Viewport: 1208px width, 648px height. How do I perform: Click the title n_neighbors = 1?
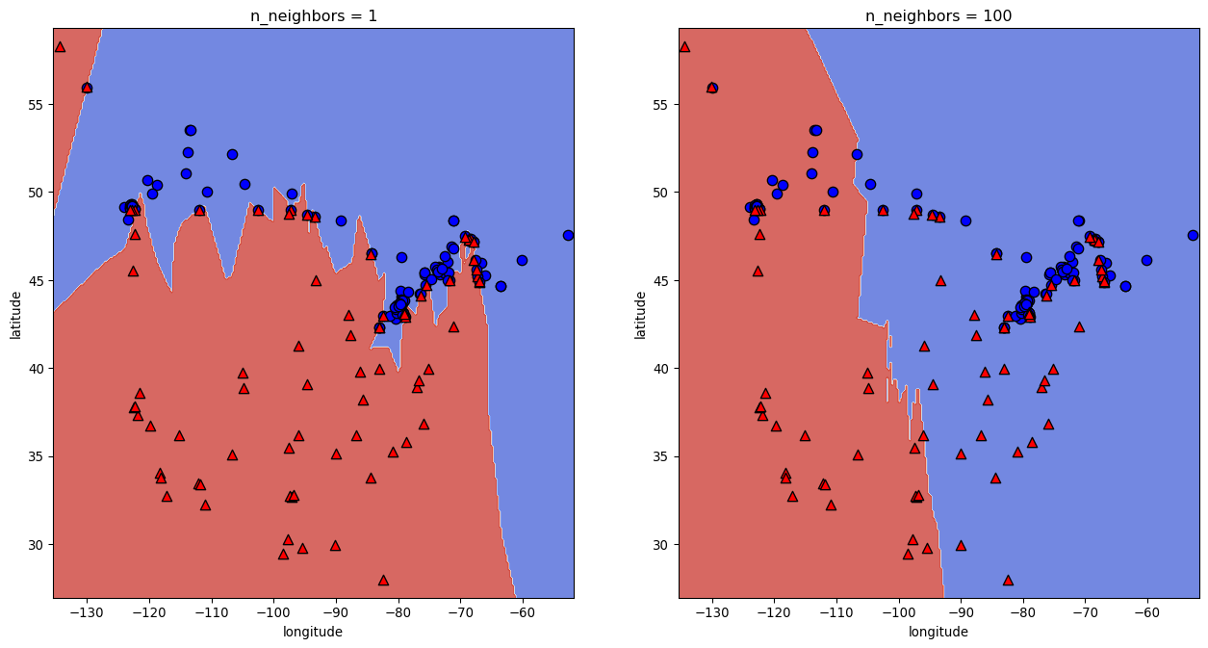coord(313,15)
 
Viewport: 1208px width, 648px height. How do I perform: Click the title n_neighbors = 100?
coord(938,15)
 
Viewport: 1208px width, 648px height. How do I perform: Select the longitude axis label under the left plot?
coord(313,632)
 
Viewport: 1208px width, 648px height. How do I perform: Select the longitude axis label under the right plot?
coord(938,632)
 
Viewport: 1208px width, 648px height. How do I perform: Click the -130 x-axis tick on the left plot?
coord(87,613)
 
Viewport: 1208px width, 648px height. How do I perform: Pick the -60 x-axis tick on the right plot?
coord(1147,613)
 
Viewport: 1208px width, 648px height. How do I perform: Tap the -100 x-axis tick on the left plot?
coord(273,613)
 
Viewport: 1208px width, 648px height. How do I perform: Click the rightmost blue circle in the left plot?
coord(568,235)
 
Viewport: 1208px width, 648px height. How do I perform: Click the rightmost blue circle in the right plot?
coord(1194,235)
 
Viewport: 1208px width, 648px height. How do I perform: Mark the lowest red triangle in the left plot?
coord(383,581)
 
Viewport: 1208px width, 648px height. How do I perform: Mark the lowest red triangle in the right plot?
coord(1008,581)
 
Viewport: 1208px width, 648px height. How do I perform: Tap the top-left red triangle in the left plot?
coord(60,46)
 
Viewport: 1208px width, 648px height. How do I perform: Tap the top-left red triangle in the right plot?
coord(684,46)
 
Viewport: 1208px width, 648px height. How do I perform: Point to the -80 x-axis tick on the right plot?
coord(1022,613)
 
